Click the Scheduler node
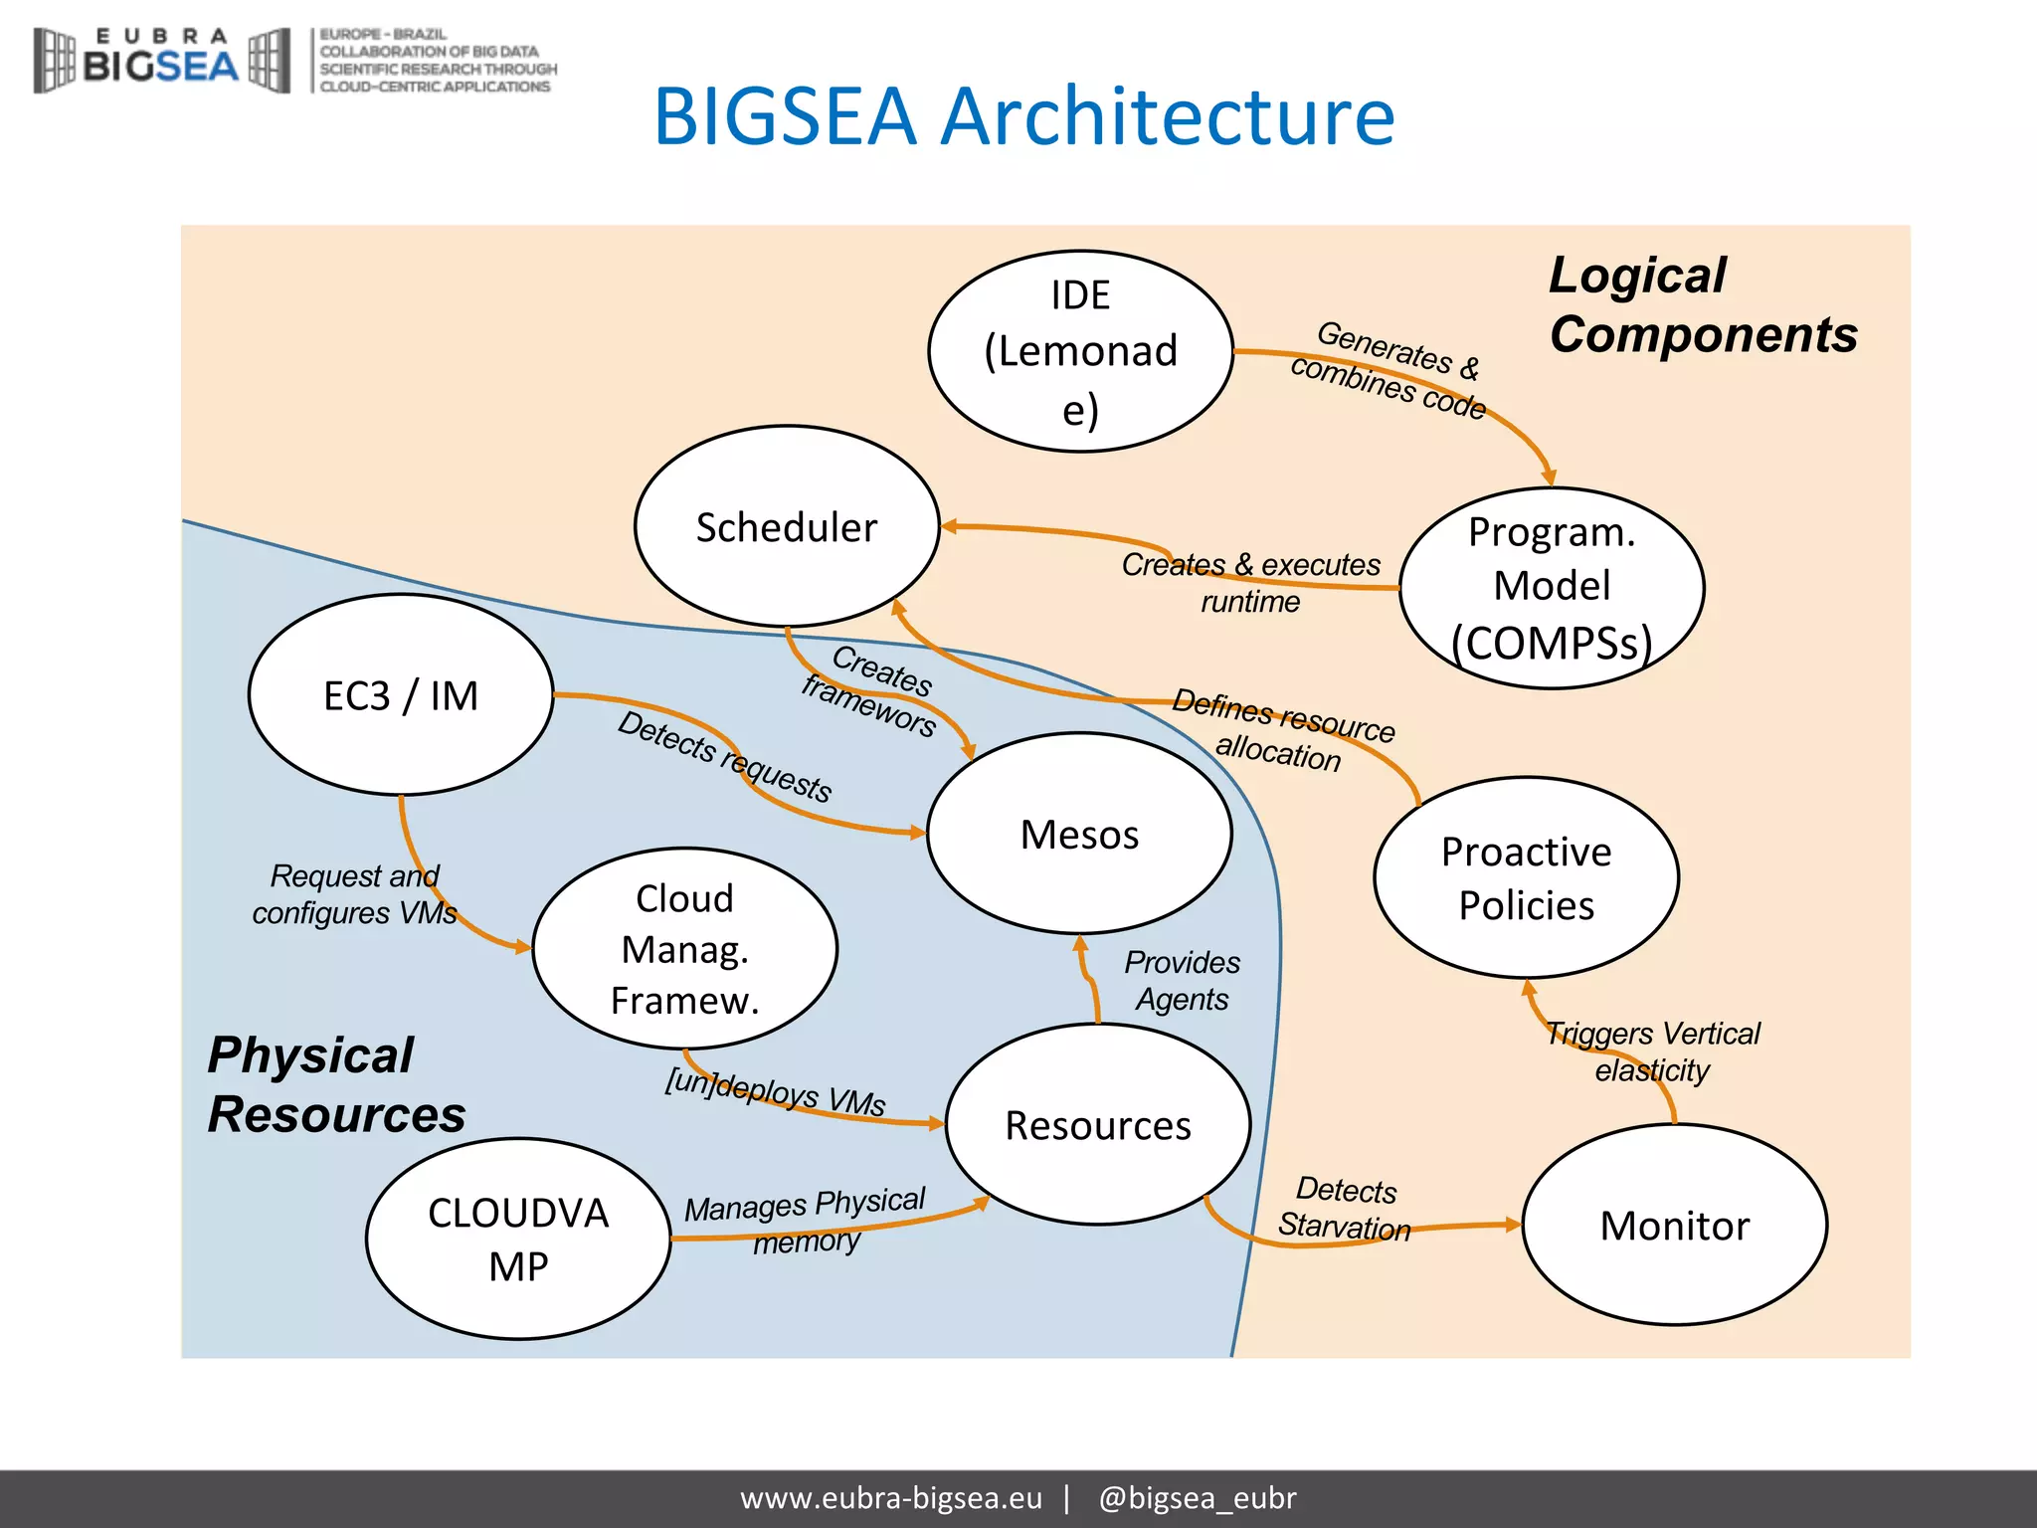787,527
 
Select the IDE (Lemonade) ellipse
1080,351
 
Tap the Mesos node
1079,834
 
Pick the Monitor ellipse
1674,1225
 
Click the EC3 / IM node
401,694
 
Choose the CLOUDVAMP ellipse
517,1239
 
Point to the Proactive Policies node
1526,877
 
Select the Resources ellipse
1098,1124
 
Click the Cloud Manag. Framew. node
684,948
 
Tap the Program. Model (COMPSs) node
1552,587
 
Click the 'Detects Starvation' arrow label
1345,1208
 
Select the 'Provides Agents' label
1182,980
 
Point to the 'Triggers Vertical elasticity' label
1652,1051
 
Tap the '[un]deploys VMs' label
775,1091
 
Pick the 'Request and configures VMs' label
354,893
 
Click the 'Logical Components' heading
1702,304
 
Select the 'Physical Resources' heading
335,1084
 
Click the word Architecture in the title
1168,116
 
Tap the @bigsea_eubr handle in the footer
1197,1497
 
